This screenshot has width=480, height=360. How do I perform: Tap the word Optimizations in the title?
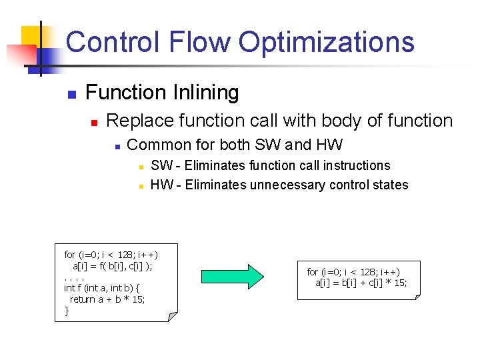coord(327,41)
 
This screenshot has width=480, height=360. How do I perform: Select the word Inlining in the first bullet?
coord(207,93)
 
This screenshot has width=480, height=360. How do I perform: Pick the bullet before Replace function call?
coord(95,122)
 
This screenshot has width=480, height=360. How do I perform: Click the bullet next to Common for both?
coord(117,146)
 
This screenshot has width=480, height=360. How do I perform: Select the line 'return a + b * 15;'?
coord(107,299)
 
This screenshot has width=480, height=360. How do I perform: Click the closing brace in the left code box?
coord(67,311)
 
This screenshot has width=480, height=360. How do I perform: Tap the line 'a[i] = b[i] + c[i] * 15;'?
coord(361,283)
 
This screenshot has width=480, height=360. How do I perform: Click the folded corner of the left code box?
coord(173,317)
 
